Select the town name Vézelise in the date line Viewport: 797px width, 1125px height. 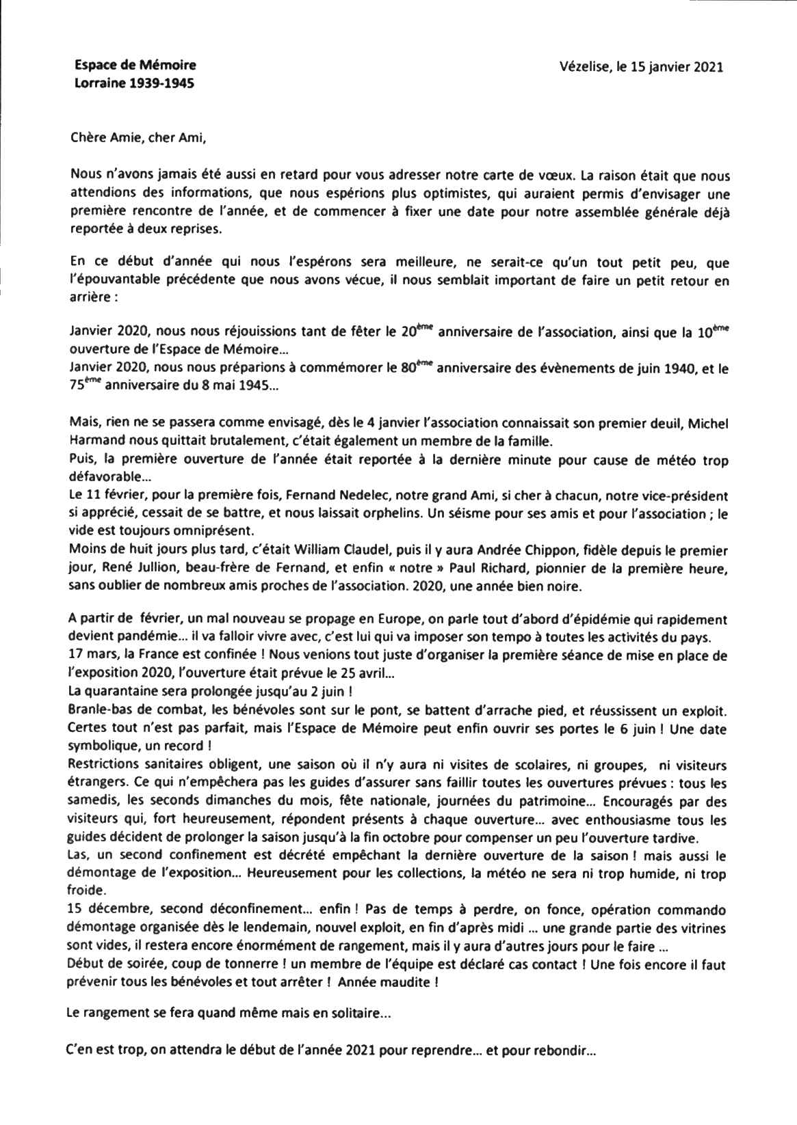[585, 67]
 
